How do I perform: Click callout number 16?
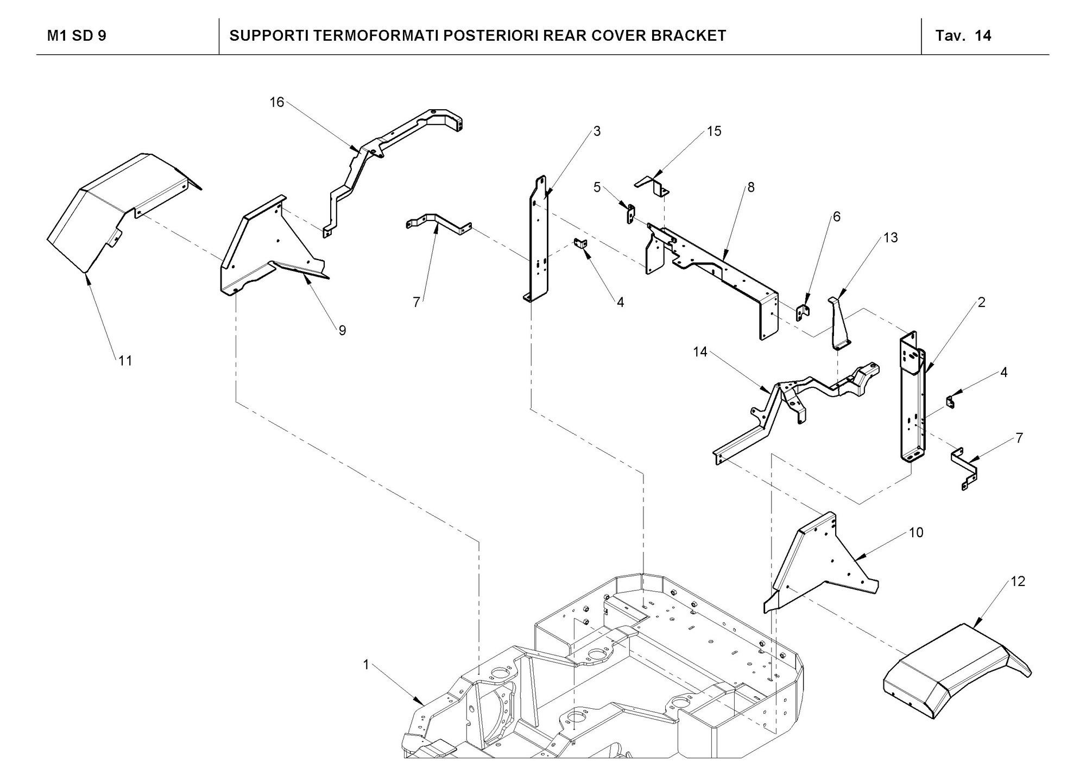[x=277, y=102]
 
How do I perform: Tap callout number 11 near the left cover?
[x=125, y=361]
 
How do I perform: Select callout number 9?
[x=342, y=330]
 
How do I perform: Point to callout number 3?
[x=597, y=131]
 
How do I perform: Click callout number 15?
[x=714, y=131]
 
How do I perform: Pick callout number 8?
[x=751, y=187]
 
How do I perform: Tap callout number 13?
[x=891, y=237]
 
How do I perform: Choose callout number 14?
[x=700, y=352]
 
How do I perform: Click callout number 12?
[x=1018, y=581]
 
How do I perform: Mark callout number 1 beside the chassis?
[x=366, y=665]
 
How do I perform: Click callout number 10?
[x=916, y=533]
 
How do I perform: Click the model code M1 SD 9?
[x=77, y=36]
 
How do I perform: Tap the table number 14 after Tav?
[x=983, y=36]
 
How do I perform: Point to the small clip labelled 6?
[x=803, y=313]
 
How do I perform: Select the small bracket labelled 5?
[x=630, y=213]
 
